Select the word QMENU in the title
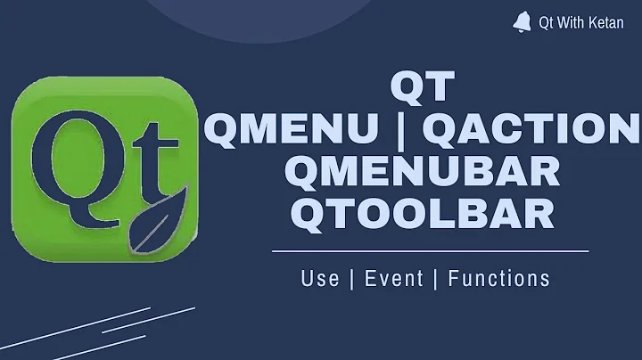[285, 130]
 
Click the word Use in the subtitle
[320, 278]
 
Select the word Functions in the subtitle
[499, 278]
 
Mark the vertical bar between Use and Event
[350, 278]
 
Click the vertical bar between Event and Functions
[436, 278]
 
